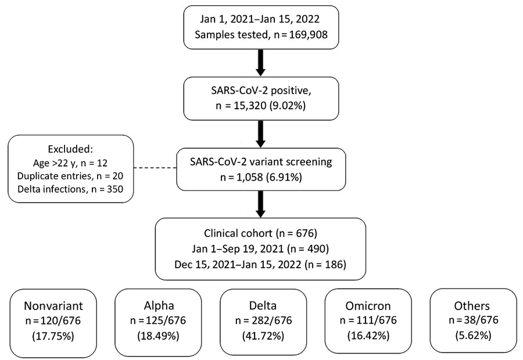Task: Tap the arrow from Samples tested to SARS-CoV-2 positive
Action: pyautogui.click(x=261, y=63)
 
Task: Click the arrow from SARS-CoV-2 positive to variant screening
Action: pyautogui.click(x=261, y=134)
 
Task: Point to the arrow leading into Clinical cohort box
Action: pyautogui.click(x=261, y=204)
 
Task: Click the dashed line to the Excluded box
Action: pyautogui.click(x=155, y=168)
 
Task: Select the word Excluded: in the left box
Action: pyautogui.click(x=70, y=149)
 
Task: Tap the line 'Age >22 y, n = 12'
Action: pyautogui.click(x=70, y=163)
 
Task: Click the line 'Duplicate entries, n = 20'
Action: pyautogui.click(x=70, y=176)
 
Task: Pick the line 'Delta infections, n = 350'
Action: pyautogui.click(x=70, y=189)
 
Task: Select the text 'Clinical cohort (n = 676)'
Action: pyautogui.click(x=260, y=233)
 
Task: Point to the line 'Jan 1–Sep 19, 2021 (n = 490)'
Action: pyautogui.click(x=260, y=249)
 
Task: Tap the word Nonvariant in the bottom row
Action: pyautogui.click(x=53, y=305)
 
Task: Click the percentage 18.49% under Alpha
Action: pyautogui.click(x=158, y=336)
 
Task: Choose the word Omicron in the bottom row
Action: pyautogui.click(x=368, y=305)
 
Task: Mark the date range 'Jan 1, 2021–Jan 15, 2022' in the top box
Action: pyautogui.click(x=260, y=19)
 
